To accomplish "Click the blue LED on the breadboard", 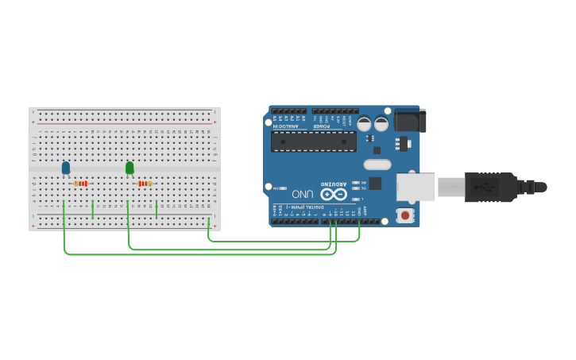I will point(66,167).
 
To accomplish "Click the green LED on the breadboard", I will point(130,167).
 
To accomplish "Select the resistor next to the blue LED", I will point(81,184).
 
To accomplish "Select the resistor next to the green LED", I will point(145,184).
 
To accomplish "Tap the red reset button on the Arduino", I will point(405,215).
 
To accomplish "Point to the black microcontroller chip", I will point(314,141).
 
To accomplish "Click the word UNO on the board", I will point(303,193).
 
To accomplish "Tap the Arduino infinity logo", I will point(334,193).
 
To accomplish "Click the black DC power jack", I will point(410,120).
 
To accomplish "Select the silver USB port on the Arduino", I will point(416,188).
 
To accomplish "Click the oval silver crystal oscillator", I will point(378,165).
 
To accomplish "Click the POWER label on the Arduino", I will point(322,126).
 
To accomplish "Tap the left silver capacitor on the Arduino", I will point(364,124).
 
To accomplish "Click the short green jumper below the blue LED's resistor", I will point(93,210).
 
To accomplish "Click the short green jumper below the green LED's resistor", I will point(157,210).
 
